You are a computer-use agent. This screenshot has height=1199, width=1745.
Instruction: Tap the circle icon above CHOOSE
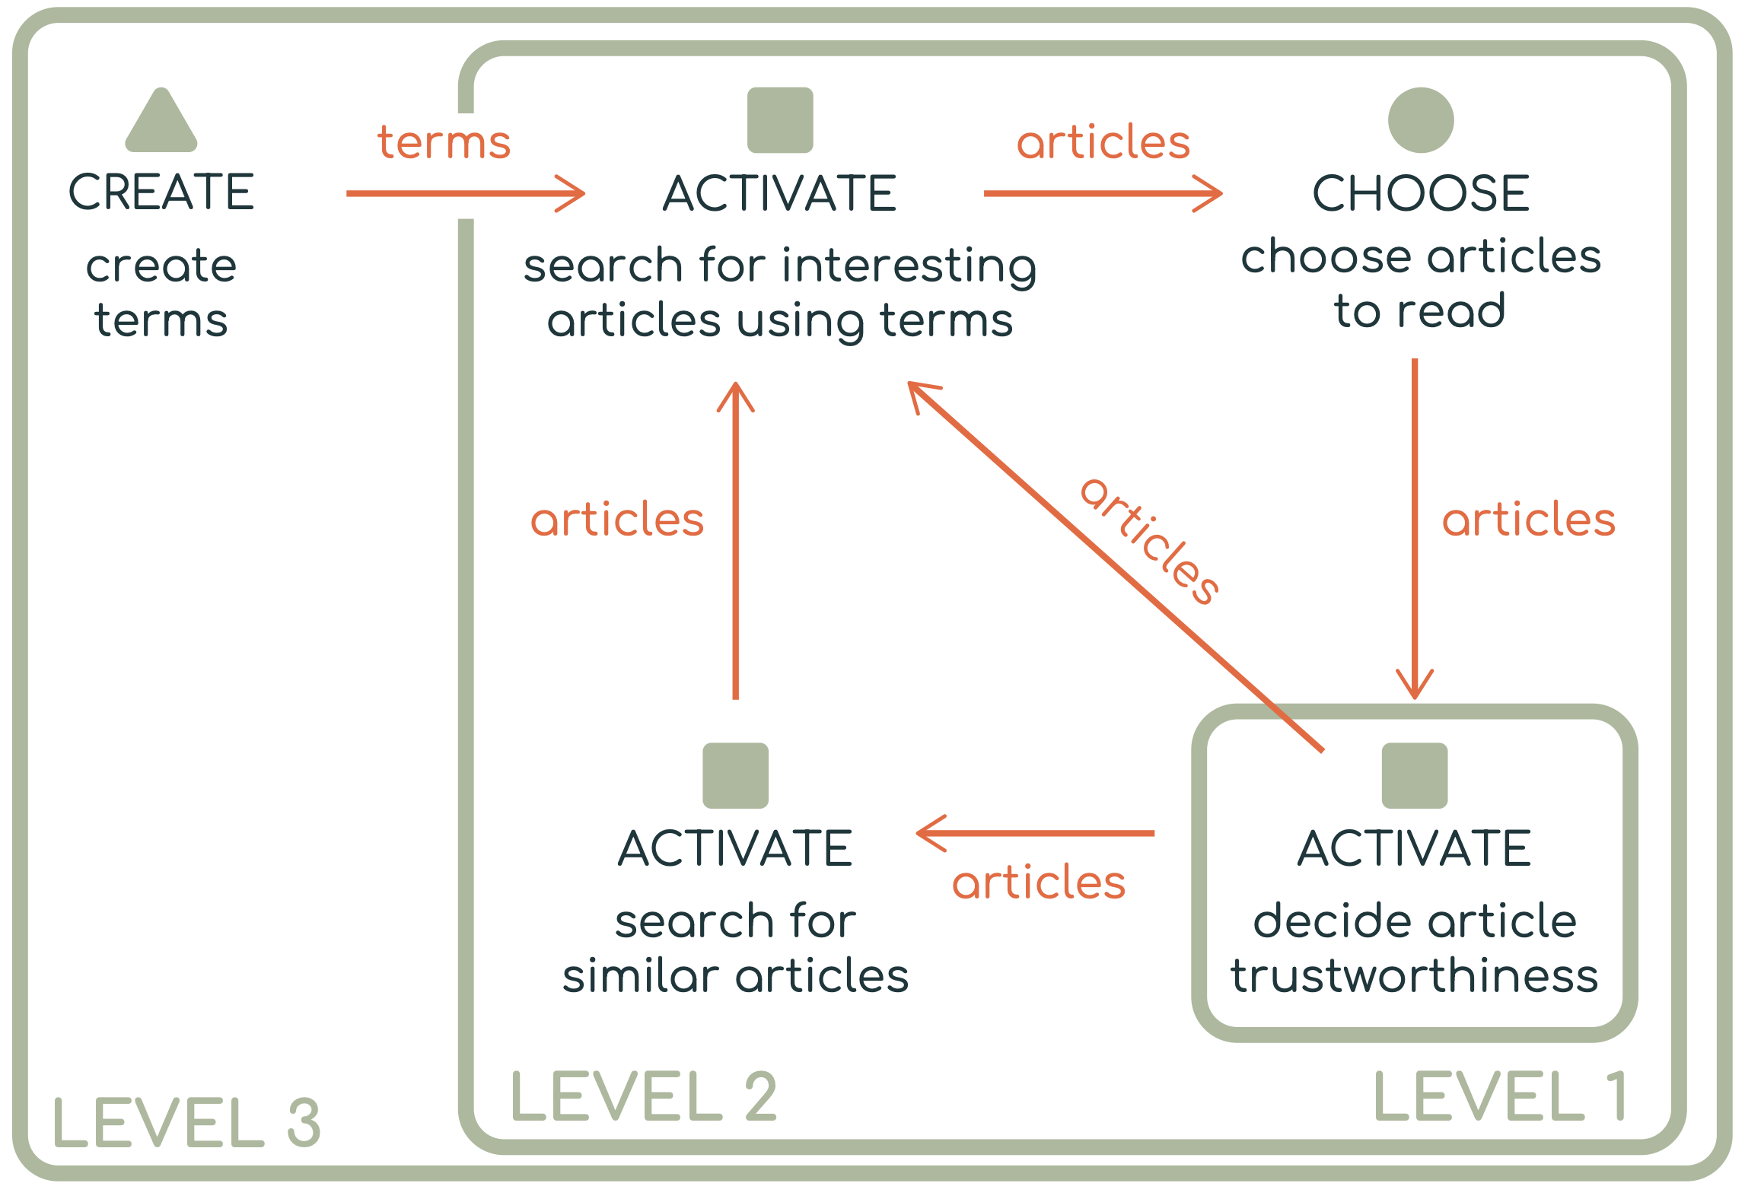point(1421,120)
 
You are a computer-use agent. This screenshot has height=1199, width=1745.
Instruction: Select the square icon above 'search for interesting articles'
point(780,120)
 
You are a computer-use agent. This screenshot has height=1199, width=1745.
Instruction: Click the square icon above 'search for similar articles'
point(735,775)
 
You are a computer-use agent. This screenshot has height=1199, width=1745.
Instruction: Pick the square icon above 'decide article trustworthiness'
point(1415,775)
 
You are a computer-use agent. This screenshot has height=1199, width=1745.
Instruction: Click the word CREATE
point(161,192)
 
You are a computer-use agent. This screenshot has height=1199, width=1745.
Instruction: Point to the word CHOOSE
point(1421,193)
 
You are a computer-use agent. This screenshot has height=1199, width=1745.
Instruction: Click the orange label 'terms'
point(444,142)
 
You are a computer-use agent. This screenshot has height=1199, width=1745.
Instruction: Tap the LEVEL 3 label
point(186,1122)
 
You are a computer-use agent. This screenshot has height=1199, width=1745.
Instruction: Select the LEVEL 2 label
point(644,1096)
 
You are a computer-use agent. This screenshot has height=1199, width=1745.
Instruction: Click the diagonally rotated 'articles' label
point(1151,542)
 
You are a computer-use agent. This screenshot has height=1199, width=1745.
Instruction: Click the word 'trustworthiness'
point(1415,976)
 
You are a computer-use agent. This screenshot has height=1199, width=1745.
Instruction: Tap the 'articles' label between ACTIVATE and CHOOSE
point(1103,142)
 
